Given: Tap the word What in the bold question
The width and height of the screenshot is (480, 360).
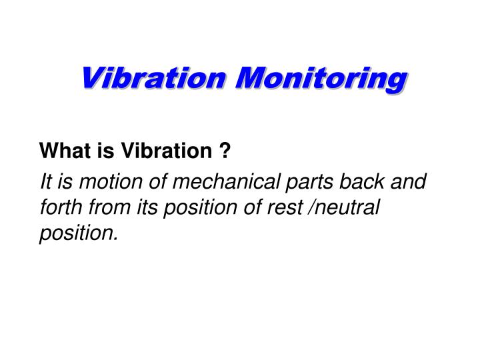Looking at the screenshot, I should pyautogui.click(x=61, y=153).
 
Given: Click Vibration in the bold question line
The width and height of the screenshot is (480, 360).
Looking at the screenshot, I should pyautogui.click(x=162, y=153).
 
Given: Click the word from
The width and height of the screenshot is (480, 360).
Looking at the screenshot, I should pyautogui.click(x=106, y=207).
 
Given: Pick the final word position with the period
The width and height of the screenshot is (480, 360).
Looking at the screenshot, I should pyautogui.click(x=79, y=233).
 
